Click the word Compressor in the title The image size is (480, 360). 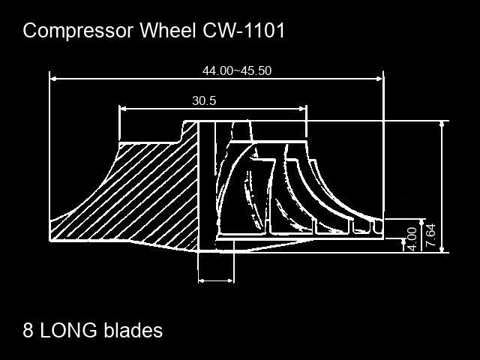pyautogui.click(x=78, y=31)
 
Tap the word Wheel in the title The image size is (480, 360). pyautogui.click(x=168, y=30)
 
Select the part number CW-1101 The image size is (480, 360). pyautogui.click(x=244, y=30)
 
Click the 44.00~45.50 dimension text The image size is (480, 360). pyautogui.click(x=237, y=70)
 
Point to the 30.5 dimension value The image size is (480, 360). pyautogui.click(x=204, y=100)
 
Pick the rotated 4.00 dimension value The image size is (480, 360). pyautogui.click(x=412, y=238)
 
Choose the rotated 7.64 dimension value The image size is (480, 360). pyautogui.click(x=430, y=235)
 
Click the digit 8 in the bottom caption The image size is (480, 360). pyautogui.click(x=28, y=330)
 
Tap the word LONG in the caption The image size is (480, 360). pyautogui.click(x=69, y=330)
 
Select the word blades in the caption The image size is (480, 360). pyautogui.click(x=133, y=330)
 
